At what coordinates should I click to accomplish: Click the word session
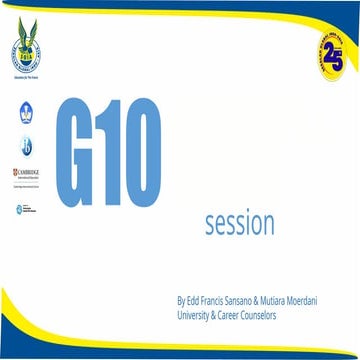239,221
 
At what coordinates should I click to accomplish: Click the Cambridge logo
26,175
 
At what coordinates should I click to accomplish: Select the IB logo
26,146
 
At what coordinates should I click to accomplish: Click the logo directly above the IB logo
26,112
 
